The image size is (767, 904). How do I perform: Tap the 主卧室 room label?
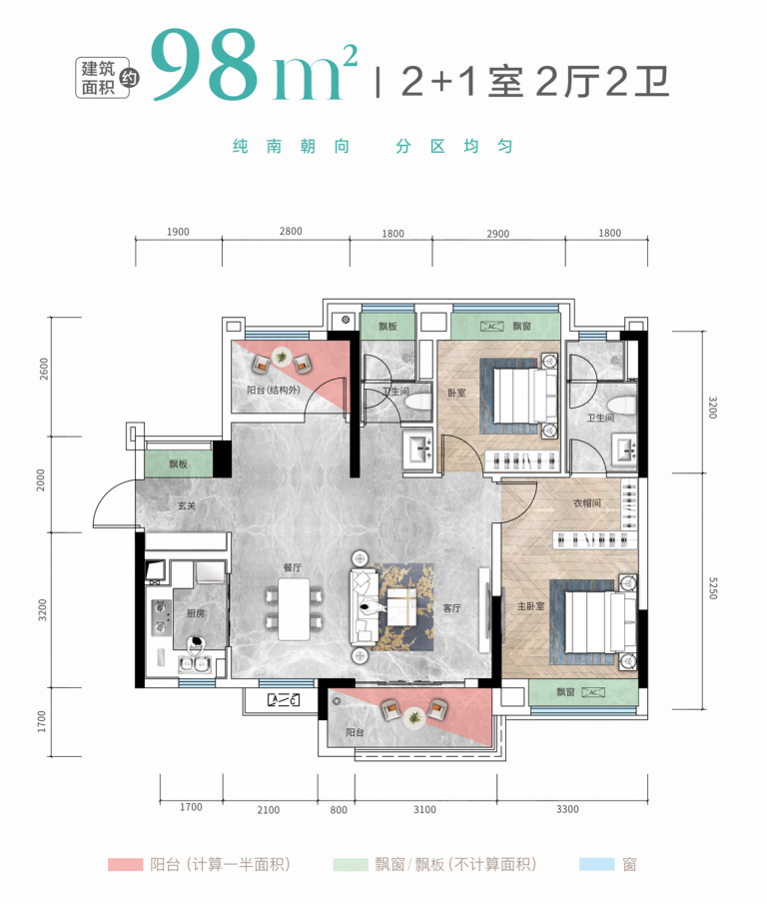point(530,606)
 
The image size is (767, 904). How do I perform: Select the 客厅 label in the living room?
point(451,608)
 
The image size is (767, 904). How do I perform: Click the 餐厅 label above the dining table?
point(293,568)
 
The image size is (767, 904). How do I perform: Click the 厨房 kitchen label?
point(196,613)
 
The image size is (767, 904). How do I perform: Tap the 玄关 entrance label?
point(187,505)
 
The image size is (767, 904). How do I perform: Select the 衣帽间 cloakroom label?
point(586,503)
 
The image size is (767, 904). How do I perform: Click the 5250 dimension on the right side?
point(713,588)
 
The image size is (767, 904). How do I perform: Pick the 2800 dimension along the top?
point(291,231)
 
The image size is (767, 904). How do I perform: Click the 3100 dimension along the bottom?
point(424,809)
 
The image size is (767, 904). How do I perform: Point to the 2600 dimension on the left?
point(44,370)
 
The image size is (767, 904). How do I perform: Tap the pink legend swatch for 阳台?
point(125,864)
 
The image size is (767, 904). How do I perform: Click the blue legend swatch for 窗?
point(597,864)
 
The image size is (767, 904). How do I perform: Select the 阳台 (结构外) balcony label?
point(274,390)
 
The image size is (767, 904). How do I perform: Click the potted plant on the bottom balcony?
point(413,718)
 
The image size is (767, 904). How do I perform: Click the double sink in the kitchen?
point(194,664)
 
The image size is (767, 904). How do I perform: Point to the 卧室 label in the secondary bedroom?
point(456,394)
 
